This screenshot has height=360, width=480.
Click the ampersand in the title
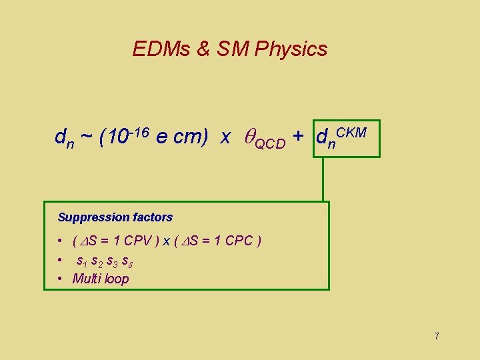(x=201, y=49)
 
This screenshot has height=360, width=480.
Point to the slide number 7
(x=437, y=336)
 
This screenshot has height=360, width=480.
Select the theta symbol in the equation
(x=248, y=137)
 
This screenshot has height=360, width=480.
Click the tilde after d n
(x=86, y=137)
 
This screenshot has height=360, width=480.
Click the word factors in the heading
(x=153, y=217)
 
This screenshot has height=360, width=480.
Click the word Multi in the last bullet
(x=87, y=279)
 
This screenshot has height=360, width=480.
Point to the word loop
(x=117, y=279)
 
